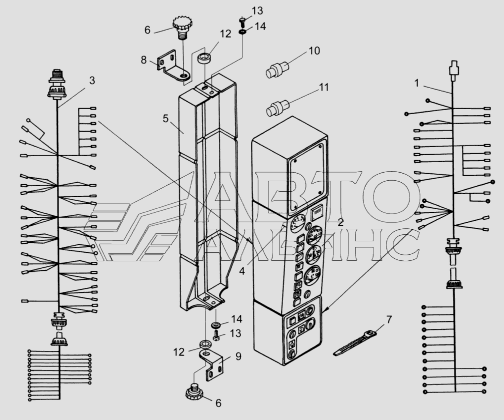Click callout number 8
coord(144,60)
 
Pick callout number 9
coord(238,357)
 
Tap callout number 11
coord(324,87)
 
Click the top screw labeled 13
coord(242,21)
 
